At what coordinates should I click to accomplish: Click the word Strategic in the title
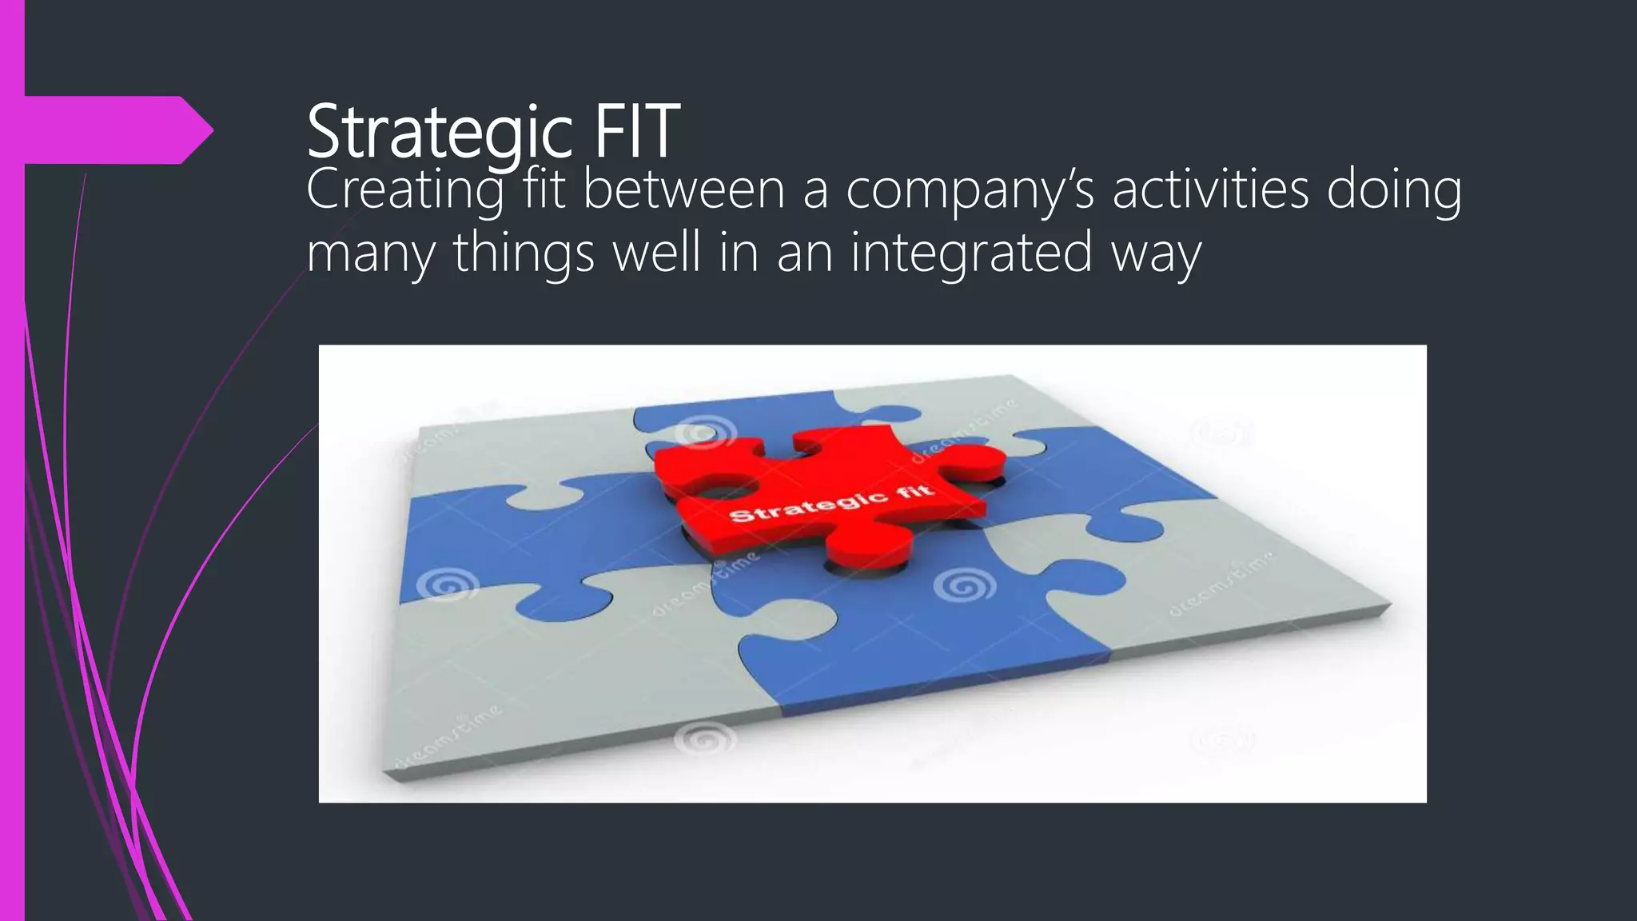coord(440,132)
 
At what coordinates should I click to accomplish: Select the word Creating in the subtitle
coord(404,192)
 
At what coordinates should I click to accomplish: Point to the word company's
coord(970,192)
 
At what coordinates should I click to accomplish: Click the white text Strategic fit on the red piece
coord(831,503)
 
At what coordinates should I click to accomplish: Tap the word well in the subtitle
coord(656,253)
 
